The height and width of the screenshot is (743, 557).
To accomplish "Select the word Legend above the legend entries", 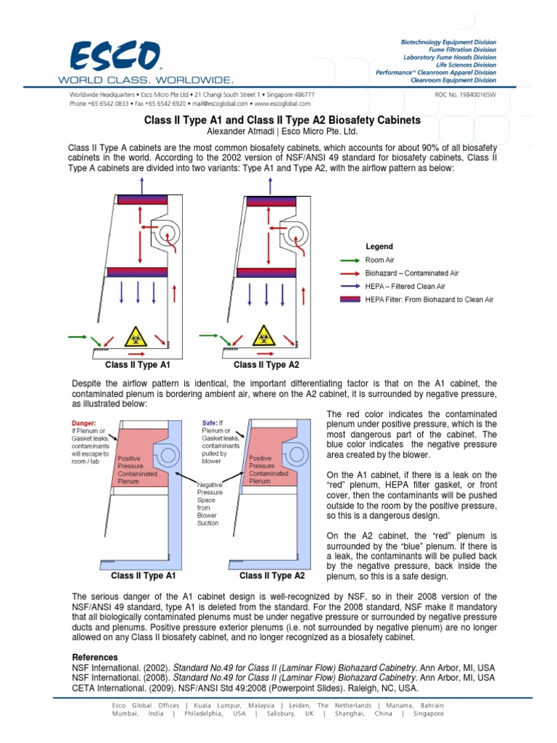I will (x=379, y=247).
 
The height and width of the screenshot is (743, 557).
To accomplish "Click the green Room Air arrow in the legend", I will (x=350, y=260).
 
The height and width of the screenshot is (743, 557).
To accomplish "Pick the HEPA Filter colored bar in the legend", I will (x=350, y=300).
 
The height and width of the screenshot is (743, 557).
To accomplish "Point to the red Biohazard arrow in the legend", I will (x=350, y=274).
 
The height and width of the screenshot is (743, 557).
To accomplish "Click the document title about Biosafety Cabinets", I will (x=282, y=120).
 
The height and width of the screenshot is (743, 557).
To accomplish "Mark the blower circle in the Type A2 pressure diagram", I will (x=292, y=456).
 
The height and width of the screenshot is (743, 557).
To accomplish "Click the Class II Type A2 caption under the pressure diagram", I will (x=272, y=576).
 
